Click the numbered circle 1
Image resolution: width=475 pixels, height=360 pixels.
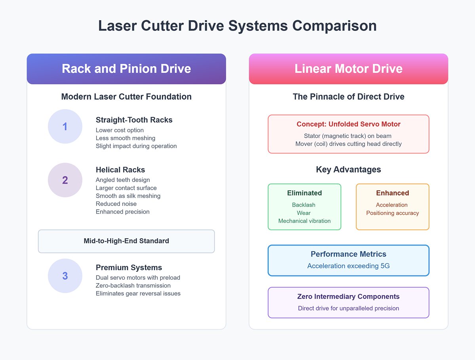pyautogui.click(x=65, y=127)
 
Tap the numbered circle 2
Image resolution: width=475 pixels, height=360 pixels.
pyautogui.click(x=65, y=180)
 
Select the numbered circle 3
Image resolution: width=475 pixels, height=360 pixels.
pyautogui.click(x=65, y=276)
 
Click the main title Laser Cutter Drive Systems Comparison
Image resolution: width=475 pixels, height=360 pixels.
pyautogui.click(x=237, y=26)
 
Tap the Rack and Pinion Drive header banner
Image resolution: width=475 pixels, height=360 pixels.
pyautogui.click(x=126, y=69)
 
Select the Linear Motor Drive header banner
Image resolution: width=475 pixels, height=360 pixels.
pyautogui.click(x=348, y=69)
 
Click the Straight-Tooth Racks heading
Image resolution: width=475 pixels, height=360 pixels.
pyautogui.click(x=134, y=120)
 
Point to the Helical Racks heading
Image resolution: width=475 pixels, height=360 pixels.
pyautogui.click(x=120, y=170)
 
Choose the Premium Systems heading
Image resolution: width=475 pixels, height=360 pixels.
pyautogui.click(x=129, y=267)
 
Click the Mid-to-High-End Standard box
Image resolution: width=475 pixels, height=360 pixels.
pyautogui.click(x=126, y=241)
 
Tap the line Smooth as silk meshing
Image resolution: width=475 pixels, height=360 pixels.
pyautogui.click(x=128, y=196)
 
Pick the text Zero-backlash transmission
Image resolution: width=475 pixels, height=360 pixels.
pyautogui.click(x=133, y=285)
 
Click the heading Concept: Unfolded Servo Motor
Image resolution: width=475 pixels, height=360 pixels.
pyautogui.click(x=348, y=124)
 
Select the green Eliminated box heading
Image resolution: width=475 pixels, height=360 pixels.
pyautogui.click(x=304, y=193)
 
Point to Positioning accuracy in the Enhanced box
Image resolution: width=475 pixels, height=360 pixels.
pyautogui.click(x=392, y=213)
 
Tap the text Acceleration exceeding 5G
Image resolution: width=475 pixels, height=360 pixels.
pyautogui.click(x=348, y=266)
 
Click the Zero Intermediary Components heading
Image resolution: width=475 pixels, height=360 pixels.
pyautogui.click(x=348, y=297)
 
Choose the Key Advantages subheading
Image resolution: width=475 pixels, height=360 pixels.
pyautogui.click(x=348, y=170)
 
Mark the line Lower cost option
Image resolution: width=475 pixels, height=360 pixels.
pyautogui.click(x=120, y=130)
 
